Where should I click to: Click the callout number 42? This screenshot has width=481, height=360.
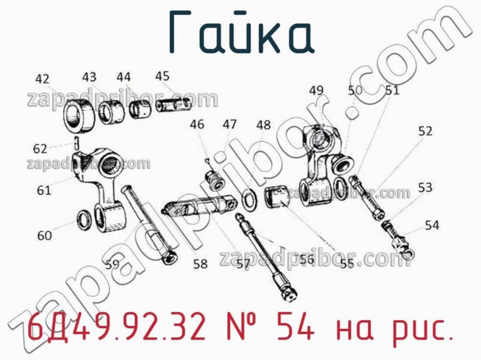42,78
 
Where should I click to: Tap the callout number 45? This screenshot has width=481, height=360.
162,76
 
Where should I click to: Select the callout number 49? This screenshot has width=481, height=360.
316,90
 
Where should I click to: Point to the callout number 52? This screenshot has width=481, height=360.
425,131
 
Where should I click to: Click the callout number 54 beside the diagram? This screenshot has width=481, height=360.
432,225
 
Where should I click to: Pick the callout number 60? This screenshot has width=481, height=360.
44,236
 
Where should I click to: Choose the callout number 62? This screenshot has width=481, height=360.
40,148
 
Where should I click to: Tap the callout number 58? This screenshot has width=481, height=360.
200,263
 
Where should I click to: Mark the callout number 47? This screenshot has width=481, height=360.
229,124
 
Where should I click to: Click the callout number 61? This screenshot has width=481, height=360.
44,191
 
